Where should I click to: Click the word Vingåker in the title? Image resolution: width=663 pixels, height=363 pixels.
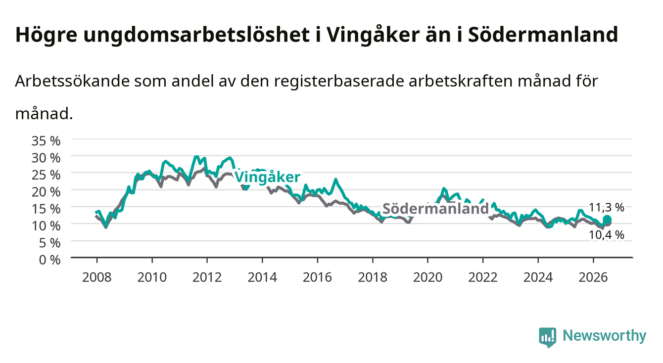tap(373, 35)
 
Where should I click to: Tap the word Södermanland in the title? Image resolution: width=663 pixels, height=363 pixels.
tap(543, 34)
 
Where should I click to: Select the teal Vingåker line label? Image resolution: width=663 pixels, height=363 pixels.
tap(267, 178)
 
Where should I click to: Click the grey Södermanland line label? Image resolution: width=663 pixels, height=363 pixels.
tap(435, 209)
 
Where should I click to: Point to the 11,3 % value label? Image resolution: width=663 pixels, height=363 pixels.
tap(607, 208)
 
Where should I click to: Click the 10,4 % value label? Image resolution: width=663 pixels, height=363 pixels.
tap(607, 235)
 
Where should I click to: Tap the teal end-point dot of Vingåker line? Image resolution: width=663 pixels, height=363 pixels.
tap(607, 220)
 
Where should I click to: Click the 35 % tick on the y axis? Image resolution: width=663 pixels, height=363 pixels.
tap(46, 141)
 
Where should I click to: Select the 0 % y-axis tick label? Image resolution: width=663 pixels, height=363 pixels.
tap(49, 260)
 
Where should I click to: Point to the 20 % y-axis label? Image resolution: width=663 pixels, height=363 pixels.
tap(46, 192)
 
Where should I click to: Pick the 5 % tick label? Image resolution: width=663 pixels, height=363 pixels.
tap(49, 243)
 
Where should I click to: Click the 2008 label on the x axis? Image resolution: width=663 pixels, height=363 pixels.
tap(97, 277)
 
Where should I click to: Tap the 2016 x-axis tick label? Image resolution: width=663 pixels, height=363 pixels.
tap(317, 277)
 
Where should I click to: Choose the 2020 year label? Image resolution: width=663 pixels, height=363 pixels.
tap(427, 277)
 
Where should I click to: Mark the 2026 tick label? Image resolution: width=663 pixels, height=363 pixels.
tap(593, 277)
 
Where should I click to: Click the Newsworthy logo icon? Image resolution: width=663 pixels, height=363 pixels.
tap(547, 337)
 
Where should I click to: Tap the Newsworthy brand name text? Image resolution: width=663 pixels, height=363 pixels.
tap(605, 336)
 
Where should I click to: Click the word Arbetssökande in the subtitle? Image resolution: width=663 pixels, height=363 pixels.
tap(72, 81)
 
